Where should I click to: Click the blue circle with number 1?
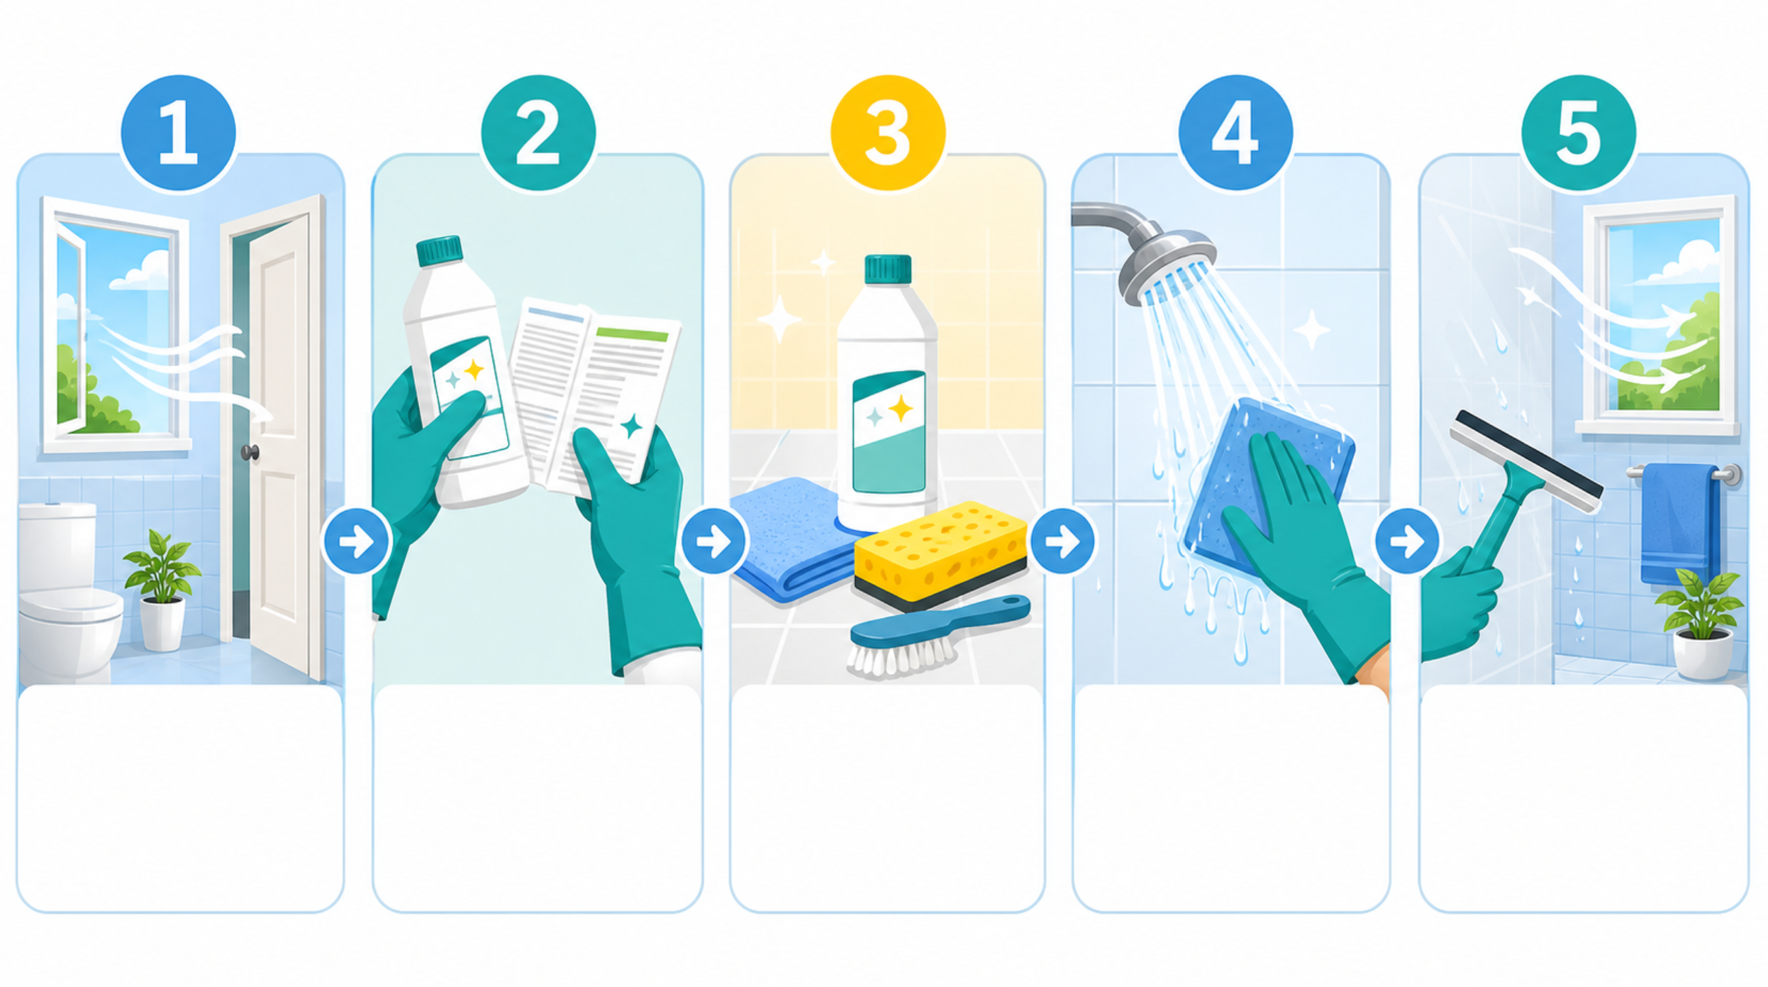[178, 133]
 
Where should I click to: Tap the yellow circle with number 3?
[888, 133]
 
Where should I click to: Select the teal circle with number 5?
[1579, 133]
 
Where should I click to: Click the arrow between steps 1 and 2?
[356, 541]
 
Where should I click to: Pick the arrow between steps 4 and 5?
[1407, 541]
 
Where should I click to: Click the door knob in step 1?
[250, 452]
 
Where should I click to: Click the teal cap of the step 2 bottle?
[439, 251]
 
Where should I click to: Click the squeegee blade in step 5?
[1525, 461]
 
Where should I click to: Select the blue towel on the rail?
[1679, 524]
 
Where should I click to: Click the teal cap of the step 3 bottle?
[888, 269]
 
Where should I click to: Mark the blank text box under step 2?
[538, 798]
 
